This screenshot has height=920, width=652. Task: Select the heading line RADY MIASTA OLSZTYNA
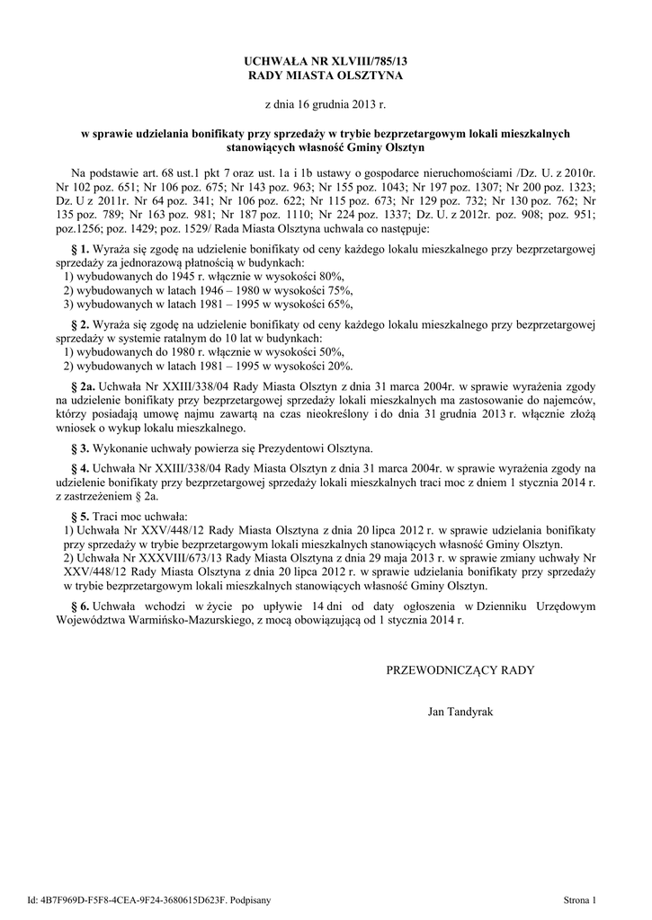pos(326,75)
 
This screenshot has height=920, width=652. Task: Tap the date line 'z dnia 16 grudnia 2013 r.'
pos(326,105)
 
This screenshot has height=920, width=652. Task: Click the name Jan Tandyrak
pos(461,712)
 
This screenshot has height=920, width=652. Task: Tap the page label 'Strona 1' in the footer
pos(579,898)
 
